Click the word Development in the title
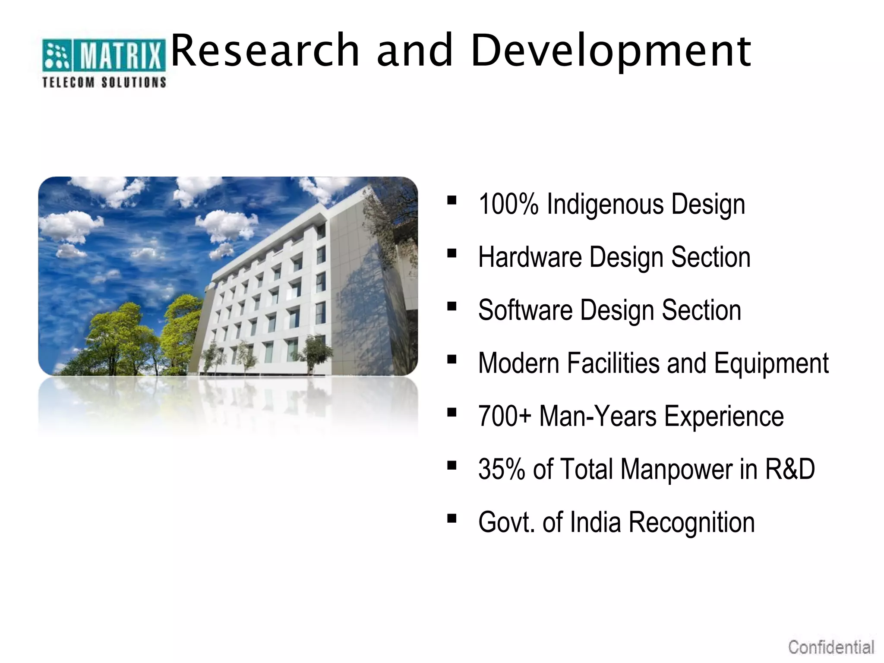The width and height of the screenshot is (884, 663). pyautogui.click(x=611, y=52)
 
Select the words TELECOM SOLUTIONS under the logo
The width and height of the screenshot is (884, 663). pyautogui.click(x=104, y=82)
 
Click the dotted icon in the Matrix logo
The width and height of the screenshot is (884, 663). pyautogui.click(x=57, y=55)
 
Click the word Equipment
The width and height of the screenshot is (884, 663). pyautogui.click(x=771, y=363)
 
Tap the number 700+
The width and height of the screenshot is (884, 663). pyautogui.click(x=505, y=416)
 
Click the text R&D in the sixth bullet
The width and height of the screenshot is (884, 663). pyautogui.click(x=790, y=469)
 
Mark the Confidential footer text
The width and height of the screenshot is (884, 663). pyautogui.click(x=831, y=647)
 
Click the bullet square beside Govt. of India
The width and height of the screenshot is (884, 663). pyautogui.click(x=452, y=518)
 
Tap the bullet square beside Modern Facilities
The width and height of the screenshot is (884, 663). pyautogui.click(x=452, y=359)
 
